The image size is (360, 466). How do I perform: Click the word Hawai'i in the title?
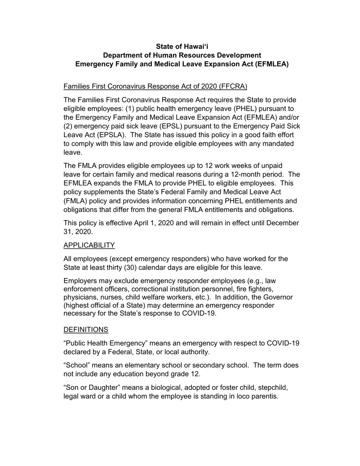196,47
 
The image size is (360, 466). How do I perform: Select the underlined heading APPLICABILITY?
89,245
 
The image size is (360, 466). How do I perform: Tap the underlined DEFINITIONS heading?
86,330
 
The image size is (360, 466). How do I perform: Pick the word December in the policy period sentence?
283,223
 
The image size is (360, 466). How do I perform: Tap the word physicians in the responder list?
79,297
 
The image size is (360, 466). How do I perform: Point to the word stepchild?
272,388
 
